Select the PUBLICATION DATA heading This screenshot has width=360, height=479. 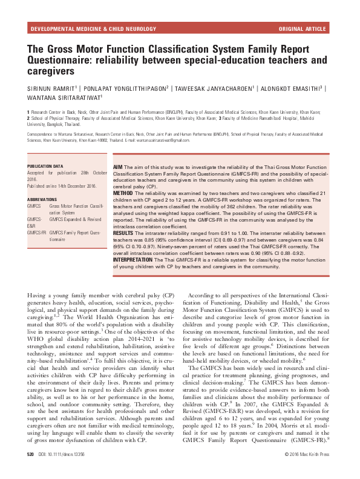(45, 165)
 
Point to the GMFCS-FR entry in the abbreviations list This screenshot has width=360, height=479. (37, 232)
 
